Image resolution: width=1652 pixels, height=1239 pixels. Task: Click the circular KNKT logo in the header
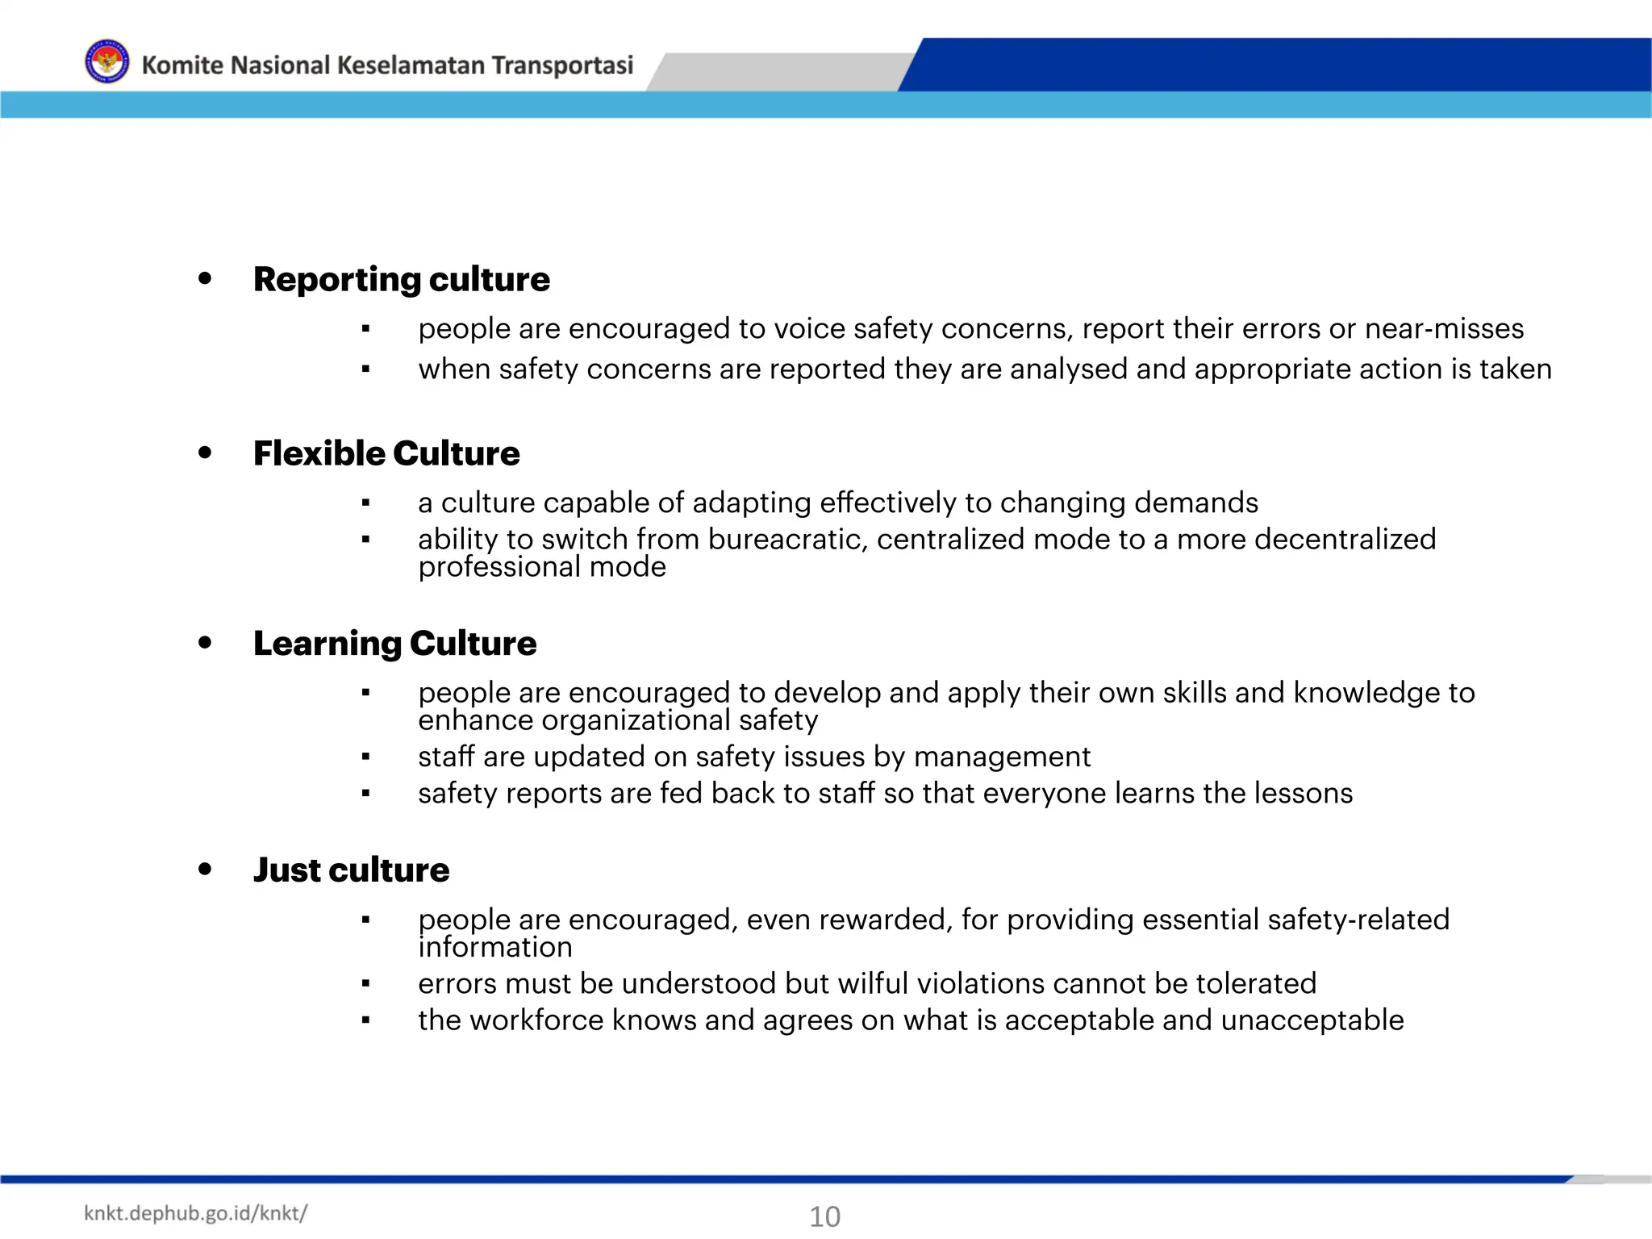[106, 62]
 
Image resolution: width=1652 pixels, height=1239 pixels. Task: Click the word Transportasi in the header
[562, 65]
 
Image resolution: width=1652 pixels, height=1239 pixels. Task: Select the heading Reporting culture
[401, 279]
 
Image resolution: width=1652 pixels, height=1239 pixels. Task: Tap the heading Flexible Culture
[386, 453]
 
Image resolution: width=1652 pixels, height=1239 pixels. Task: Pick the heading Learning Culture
[394, 643]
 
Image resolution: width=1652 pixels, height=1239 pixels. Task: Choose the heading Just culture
[351, 870]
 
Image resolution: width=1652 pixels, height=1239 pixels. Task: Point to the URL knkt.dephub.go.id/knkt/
[195, 1213]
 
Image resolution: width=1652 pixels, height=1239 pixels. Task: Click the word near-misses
[1444, 329]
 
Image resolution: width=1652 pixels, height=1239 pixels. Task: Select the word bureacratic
[787, 539]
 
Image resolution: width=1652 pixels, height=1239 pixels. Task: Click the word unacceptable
[1312, 1020]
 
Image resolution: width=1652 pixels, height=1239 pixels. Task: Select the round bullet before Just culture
[205, 869]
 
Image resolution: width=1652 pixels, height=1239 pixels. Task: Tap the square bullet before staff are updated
[365, 757]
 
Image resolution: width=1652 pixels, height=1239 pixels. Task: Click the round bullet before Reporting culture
[205, 278]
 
